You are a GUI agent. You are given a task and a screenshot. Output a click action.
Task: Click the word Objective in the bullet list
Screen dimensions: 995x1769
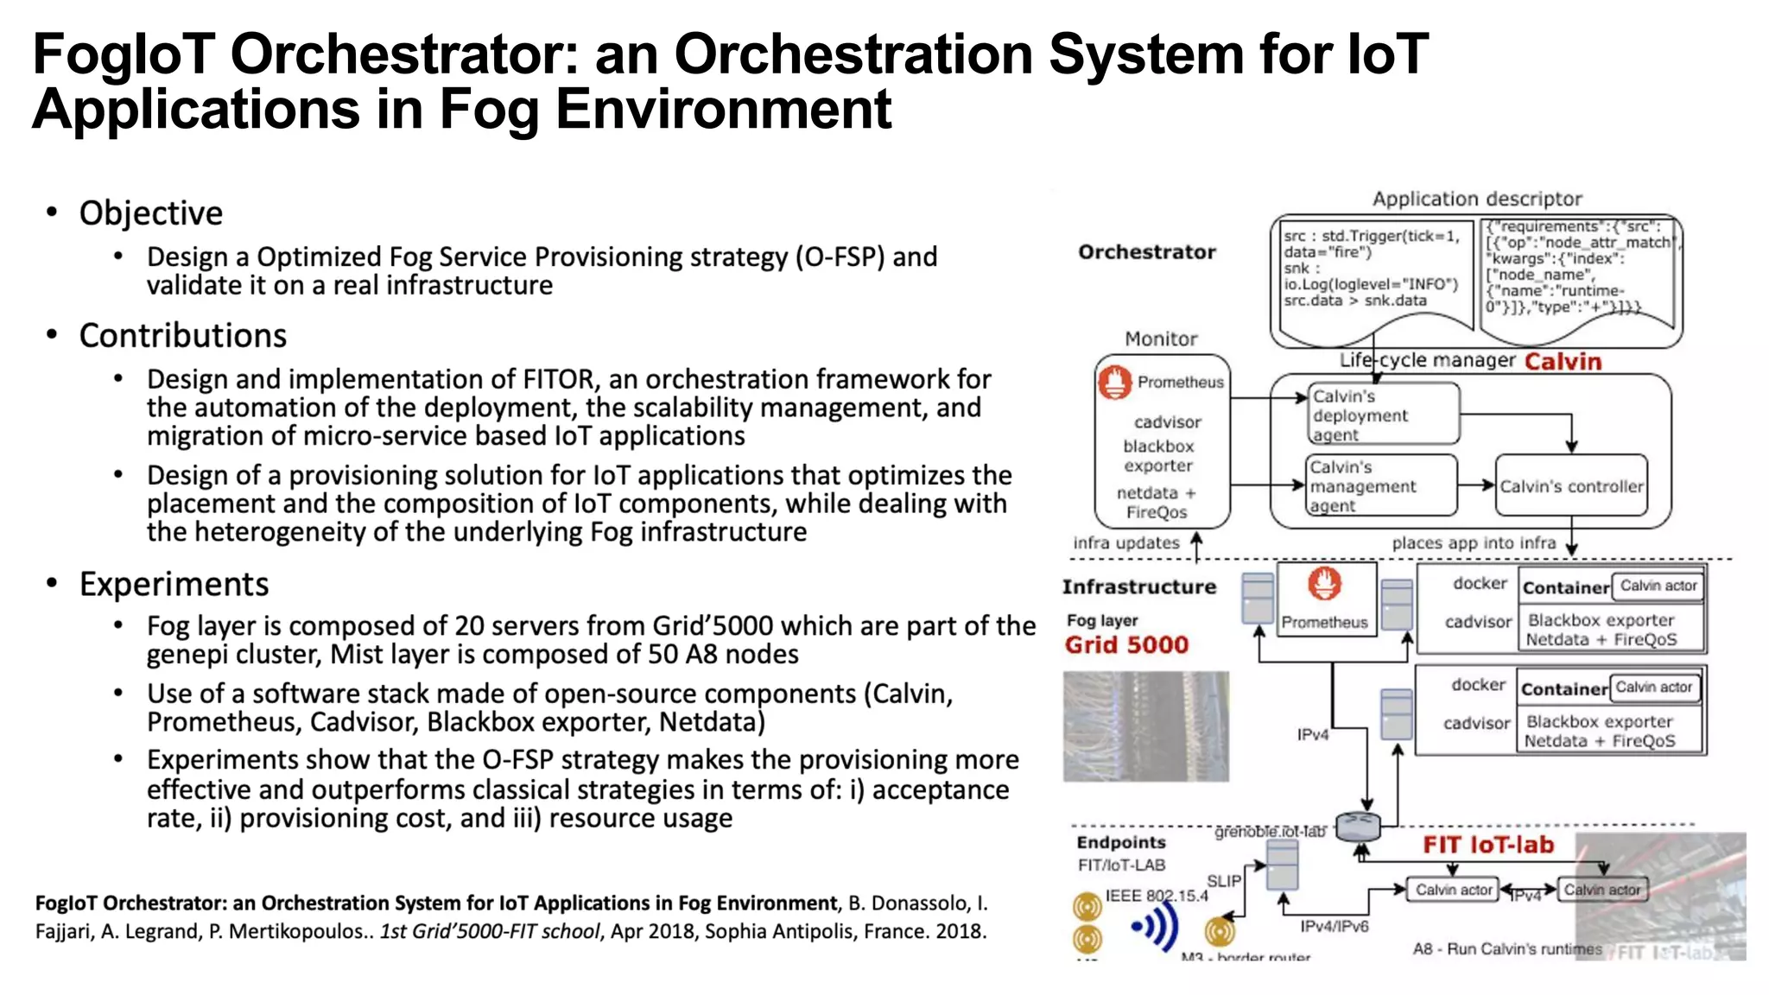[150, 213]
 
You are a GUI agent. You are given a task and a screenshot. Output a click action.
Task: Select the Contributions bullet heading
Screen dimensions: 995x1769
[182, 336]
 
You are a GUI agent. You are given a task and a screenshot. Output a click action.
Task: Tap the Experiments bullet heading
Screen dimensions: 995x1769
[174, 585]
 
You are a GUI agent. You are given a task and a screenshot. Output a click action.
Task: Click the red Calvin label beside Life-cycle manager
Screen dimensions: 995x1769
[1562, 361]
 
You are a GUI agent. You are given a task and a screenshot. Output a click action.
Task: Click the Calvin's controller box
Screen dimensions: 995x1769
[1570, 486]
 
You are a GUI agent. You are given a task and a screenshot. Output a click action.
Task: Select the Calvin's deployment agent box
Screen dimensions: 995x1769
[1382, 415]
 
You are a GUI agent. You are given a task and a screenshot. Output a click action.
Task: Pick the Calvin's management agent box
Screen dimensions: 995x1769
[1379, 485]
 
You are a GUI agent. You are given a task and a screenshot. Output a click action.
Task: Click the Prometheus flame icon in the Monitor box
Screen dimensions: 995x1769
[1115, 382]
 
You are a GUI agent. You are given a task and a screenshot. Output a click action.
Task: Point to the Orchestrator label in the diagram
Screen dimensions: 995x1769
[1146, 252]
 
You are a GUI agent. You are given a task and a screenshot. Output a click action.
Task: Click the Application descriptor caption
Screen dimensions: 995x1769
[1476, 199]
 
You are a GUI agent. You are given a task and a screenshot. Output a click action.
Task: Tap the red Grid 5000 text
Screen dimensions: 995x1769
[1126, 645]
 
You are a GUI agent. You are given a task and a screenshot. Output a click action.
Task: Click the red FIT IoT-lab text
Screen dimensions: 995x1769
[1487, 845]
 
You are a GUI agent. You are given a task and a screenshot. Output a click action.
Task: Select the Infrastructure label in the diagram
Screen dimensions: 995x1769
[1138, 587]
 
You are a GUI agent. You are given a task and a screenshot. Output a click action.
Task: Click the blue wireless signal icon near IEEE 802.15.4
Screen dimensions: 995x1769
[1156, 927]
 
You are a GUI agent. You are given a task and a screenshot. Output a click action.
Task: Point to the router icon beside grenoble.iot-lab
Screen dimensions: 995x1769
[1357, 827]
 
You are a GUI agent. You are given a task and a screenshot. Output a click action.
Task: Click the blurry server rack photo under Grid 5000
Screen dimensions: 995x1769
[1145, 726]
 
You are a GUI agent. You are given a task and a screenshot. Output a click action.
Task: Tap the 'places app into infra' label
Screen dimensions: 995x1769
[1473, 543]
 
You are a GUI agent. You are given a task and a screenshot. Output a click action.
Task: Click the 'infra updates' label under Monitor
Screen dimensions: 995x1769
[1125, 543]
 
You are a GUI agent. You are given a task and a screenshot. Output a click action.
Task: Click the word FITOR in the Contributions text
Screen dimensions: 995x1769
[558, 379]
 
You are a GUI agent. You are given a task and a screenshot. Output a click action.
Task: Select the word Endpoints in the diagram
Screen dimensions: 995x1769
[1120, 842]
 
